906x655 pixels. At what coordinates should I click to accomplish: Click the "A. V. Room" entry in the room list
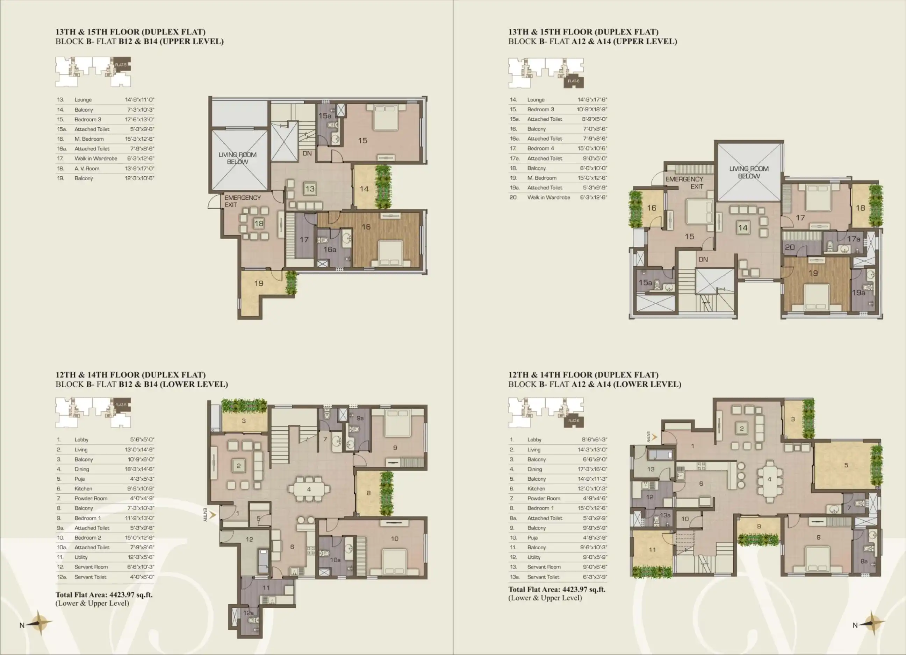87,169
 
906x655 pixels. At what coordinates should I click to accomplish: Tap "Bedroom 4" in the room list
540,148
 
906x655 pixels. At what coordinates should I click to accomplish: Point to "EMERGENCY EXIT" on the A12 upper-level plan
684,183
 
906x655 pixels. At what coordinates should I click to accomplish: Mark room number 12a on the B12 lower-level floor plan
249,613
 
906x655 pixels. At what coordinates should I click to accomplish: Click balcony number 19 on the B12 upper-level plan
259,283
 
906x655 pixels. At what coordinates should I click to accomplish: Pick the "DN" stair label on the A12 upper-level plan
703,260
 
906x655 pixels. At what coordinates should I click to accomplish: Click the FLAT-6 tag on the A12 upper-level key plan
574,81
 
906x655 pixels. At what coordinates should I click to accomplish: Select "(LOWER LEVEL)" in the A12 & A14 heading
647,384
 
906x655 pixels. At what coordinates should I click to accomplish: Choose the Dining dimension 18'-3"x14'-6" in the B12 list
139,469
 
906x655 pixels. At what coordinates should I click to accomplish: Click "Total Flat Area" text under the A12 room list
534,590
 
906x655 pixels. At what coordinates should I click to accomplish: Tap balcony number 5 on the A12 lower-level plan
846,465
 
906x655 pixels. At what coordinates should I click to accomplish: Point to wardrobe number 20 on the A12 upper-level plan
790,247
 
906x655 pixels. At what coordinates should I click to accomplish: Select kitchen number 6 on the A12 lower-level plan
701,484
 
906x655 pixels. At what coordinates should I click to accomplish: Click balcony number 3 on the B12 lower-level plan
244,421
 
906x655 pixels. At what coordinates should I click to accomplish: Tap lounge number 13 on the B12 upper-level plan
310,189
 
